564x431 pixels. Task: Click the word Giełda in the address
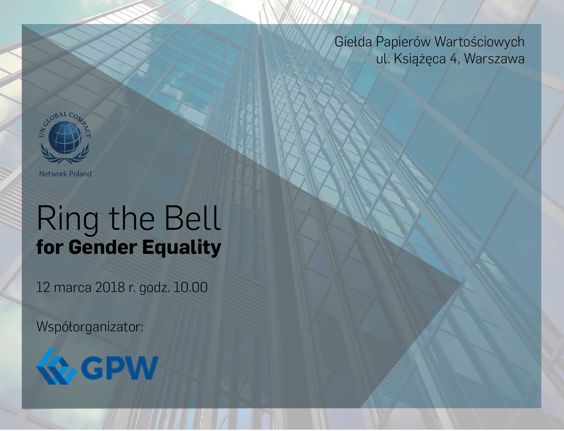click(353, 42)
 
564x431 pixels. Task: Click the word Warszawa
click(494, 59)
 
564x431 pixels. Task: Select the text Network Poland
click(65, 174)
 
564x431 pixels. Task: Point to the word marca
click(73, 288)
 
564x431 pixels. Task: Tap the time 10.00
click(191, 287)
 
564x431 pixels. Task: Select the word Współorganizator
click(90, 327)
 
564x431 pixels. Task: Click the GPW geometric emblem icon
click(56, 366)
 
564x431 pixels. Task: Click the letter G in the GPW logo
click(92, 368)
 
